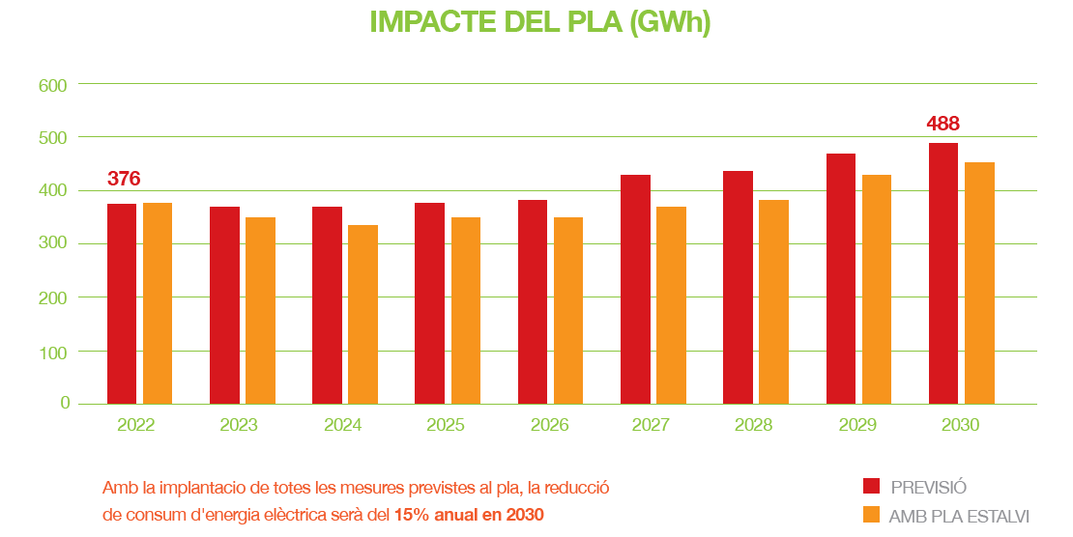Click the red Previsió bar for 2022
click(122, 303)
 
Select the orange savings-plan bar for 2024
click(362, 314)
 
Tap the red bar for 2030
click(943, 273)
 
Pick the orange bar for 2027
click(671, 305)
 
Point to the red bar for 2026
click(533, 301)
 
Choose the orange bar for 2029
click(877, 289)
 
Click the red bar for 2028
click(738, 287)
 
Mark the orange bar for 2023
click(260, 310)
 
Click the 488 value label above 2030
click(942, 124)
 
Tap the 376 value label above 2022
click(124, 179)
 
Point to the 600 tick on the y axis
click(52, 85)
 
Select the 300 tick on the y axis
click(52, 243)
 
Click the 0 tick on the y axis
click(65, 403)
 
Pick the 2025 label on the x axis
click(445, 425)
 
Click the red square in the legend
click(871, 486)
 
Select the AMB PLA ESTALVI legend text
click(959, 516)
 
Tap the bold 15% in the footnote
click(411, 515)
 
